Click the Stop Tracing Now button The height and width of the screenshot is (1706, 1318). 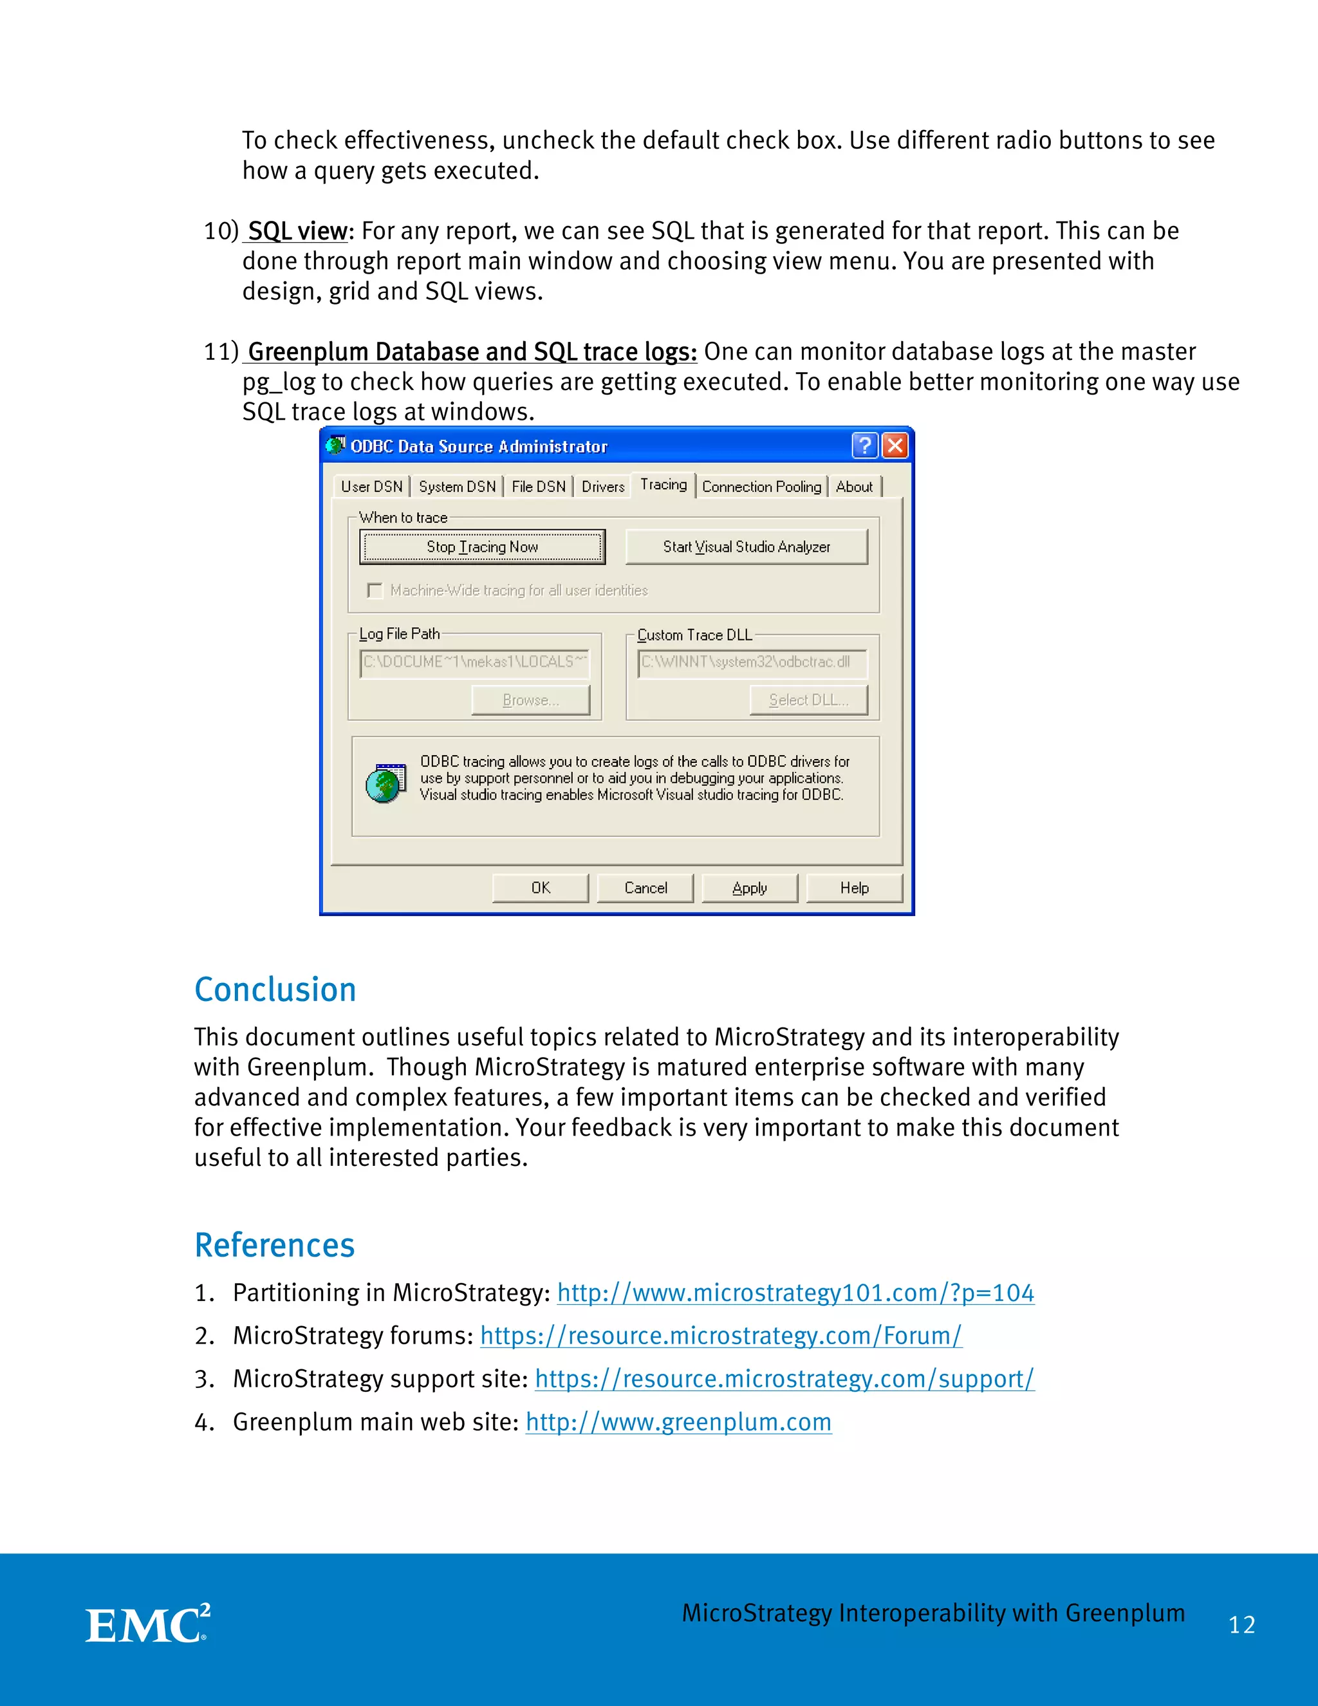pyautogui.click(x=482, y=547)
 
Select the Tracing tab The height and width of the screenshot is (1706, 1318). pyautogui.click(x=663, y=485)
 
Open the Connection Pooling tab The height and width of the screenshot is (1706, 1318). pyautogui.click(x=761, y=487)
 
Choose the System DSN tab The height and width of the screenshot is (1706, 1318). pyautogui.click(x=457, y=487)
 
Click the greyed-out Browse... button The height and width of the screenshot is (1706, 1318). pyautogui.click(x=531, y=700)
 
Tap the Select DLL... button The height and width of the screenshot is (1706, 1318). pyautogui.click(x=808, y=700)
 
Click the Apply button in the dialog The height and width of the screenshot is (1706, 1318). pyautogui.click(x=750, y=888)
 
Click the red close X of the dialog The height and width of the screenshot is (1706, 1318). pyautogui.click(x=895, y=446)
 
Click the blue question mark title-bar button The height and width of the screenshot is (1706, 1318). pyautogui.click(x=864, y=446)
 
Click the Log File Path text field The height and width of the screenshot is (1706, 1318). pyautogui.click(x=474, y=662)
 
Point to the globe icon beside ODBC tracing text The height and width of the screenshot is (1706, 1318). pyautogui.click(x=385, y=783)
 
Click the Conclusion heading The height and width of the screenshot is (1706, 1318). pyautogui.click(x=275, y=989)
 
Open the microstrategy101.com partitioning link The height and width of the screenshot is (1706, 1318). pyautogui.click(x=795, y=1293)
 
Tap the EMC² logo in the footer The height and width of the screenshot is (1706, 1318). pyautogui.click(x=147, y=1625)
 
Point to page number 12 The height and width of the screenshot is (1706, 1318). pyautogui.click(x=1241, y=1626)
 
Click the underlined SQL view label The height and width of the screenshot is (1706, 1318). pyautogui.click(x=297, y=231)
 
